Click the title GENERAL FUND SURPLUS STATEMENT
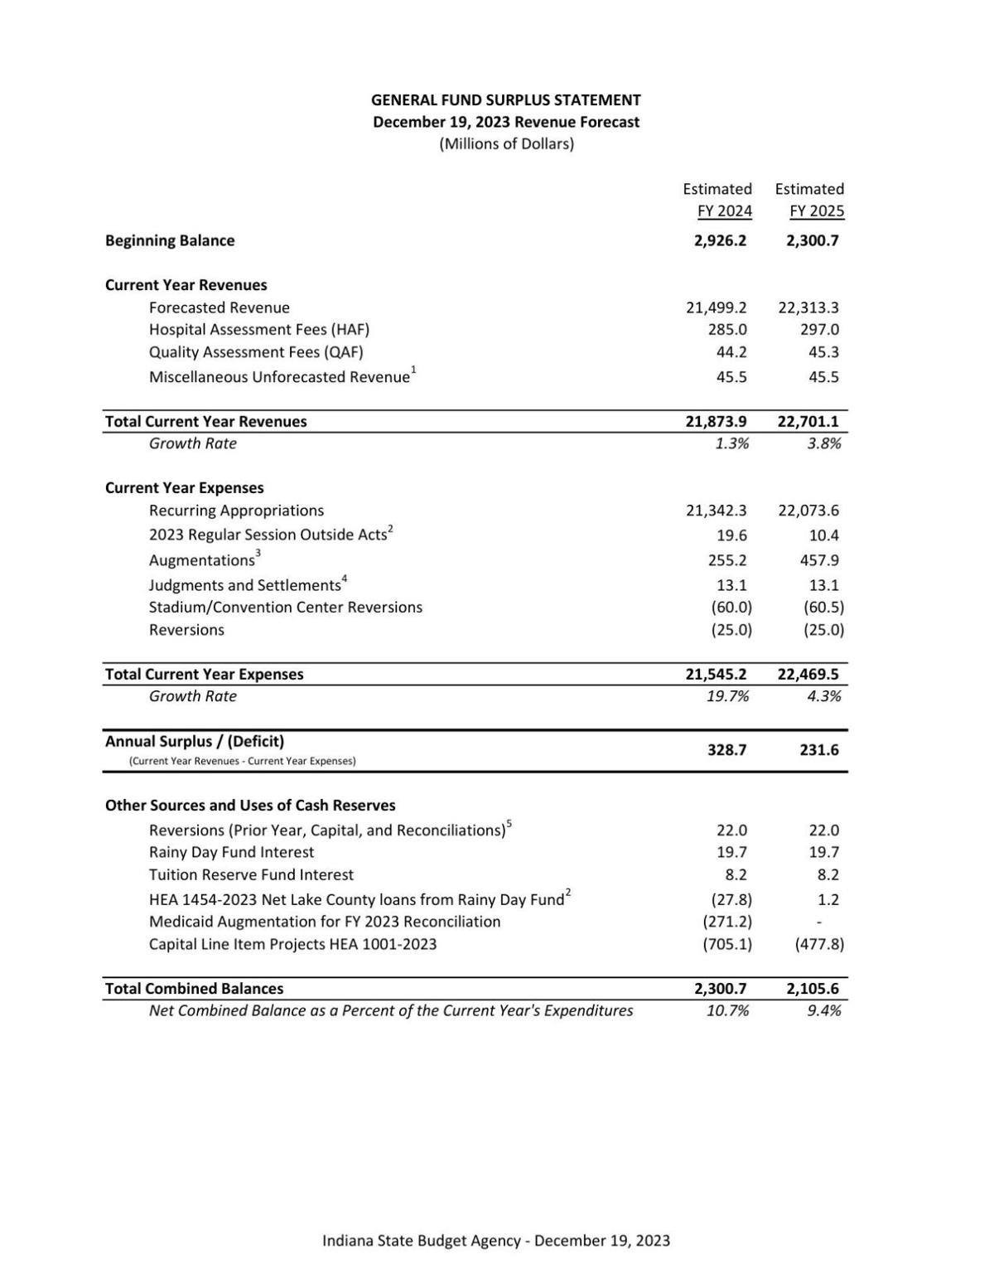(x=505, y=100)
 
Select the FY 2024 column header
(x=724, y=211)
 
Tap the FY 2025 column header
(x=816, y=211)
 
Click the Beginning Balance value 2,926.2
(x=720, y=241)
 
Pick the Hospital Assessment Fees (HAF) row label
(x=259, y=330)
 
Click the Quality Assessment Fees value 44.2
(x=731, y=352)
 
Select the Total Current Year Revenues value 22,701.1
(x=808, y=422)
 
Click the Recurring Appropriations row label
(x=236, y=511)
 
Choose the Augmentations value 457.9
(x=819, y=560)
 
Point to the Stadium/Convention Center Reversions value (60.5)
(x=823, y=608)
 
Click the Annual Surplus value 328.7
(x=726, y=750)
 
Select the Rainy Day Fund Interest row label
(x=231, y=852)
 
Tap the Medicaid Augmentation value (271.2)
(x=727, y=922)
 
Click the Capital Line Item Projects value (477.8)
(x=819, y=944)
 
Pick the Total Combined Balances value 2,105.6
(x=812, y=989)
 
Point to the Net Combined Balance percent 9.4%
(x=823, y=1010)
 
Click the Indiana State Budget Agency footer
(x=496, y=1241)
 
